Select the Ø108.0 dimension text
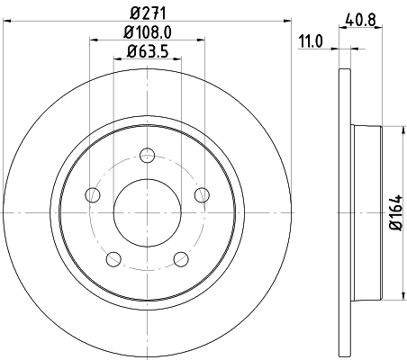coord(146,32)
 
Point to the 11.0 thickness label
coord(309,40)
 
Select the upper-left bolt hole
coord(92,193)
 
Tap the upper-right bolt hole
coord(201,193)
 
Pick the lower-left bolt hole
coord(113,259)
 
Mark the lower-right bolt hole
coord(180,259)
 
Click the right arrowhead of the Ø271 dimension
coord(288,23)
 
